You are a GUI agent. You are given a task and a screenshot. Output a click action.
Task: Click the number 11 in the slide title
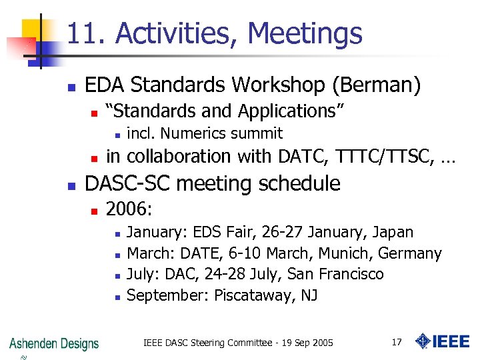click(x=79, y=33)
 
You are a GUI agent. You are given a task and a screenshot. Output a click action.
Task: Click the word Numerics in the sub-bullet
click(x=190, y=133)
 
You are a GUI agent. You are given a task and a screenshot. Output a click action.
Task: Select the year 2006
click(x=129, y=210)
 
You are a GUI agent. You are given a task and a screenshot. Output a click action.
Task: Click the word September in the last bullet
click(x=167, y=295)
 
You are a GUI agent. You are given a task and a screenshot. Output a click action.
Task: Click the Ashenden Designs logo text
click(x=54, y=343)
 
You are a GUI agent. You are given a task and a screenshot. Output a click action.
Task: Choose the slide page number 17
click(x=397, y=343)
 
